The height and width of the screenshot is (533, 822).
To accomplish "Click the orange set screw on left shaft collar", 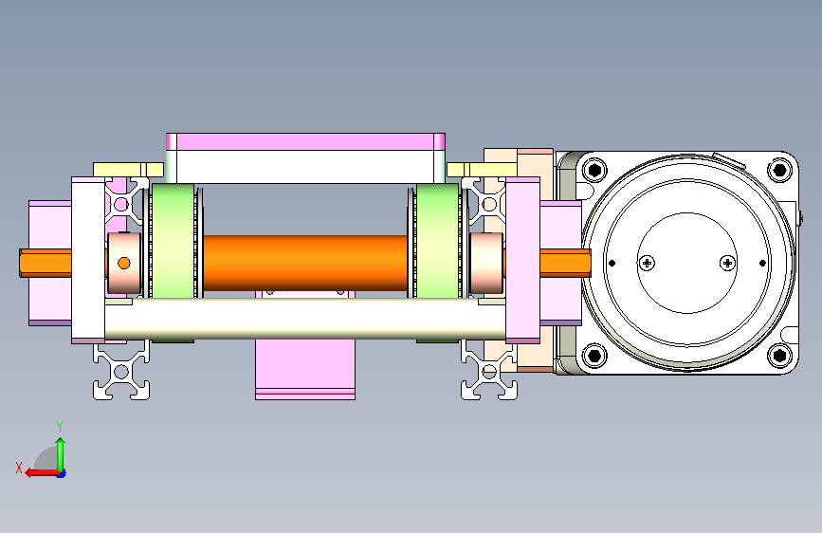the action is [123, 263].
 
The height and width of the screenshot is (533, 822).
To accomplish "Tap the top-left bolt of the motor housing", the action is [594, 170].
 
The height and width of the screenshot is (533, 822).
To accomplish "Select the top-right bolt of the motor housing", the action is [779, 170].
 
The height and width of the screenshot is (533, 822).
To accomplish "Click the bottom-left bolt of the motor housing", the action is [594, 356].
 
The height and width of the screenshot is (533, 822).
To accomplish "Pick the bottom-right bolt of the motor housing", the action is [779, 356].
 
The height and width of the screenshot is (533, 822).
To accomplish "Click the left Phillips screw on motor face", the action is [648, 263].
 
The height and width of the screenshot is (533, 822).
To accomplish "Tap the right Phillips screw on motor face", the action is [727, 263].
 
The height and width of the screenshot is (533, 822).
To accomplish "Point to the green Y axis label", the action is [60, 427].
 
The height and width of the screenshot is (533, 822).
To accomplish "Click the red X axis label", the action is [19, 468].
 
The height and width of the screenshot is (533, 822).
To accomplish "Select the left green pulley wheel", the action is [173, 241].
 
